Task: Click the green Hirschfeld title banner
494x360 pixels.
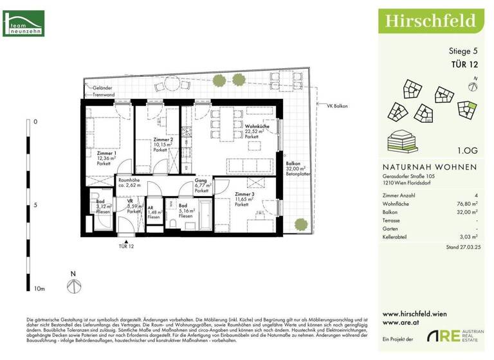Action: [x=430, y=21]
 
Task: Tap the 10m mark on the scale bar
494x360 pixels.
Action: [x=40, y=289]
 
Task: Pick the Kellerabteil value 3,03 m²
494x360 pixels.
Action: [x=469, y=237]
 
